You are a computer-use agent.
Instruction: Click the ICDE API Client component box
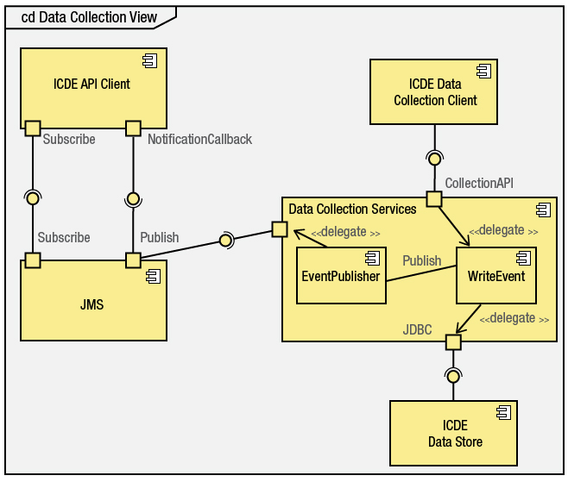(x=92, y=85)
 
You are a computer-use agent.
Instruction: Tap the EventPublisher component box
(x=340, y=277)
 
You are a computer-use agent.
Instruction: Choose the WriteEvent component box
(x=495, y=277)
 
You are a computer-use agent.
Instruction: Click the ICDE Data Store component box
(x=454, y=434)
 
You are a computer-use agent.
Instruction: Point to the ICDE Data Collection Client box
(x=434, y=92)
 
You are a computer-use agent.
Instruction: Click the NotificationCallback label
(x=199, y=139)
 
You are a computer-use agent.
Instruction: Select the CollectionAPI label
(x=479, y=184)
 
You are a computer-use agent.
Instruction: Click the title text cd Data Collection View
(x=90, y=17)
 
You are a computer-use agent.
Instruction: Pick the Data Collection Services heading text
(x=352, y=210)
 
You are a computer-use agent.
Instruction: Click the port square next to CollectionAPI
(x=433, y=199)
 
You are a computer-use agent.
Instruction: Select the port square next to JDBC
(x=453, y=342)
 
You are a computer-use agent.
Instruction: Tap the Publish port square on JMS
(x=133, y=260)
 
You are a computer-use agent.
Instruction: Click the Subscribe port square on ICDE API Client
(x=33, y=128)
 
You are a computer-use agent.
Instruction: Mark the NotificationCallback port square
(x=133, y=128)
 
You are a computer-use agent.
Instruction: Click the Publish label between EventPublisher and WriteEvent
(x=421, y=260)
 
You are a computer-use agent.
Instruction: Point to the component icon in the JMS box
(x=153, y=276)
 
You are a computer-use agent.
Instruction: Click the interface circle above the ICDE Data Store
(x=452, y=375)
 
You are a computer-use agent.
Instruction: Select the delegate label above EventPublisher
(x=345, y=232)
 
